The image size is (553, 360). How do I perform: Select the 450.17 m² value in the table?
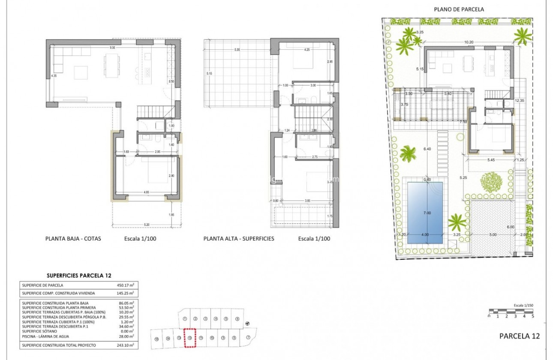tap(125, 285)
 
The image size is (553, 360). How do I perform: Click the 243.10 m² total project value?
tap(125, 345)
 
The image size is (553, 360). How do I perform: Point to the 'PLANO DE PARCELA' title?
tap(459, 9)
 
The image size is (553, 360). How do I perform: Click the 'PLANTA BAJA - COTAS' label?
tap(73, 239)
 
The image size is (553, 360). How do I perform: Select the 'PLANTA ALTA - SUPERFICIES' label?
tap(239, 239)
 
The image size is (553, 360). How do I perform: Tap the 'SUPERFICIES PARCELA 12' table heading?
tap(78, 276)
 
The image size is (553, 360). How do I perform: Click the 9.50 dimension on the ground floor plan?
tap(113, 48)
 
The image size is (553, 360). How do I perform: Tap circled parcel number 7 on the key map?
tap(249, 337)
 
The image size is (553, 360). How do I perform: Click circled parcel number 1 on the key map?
tap(184, 319)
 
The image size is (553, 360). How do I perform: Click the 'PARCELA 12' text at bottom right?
tap(520, 336)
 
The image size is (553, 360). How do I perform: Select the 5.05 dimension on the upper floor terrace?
tap(237, 50)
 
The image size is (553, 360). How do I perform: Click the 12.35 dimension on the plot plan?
tap(519, 100)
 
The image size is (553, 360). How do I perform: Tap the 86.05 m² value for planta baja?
tap(125, 302)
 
